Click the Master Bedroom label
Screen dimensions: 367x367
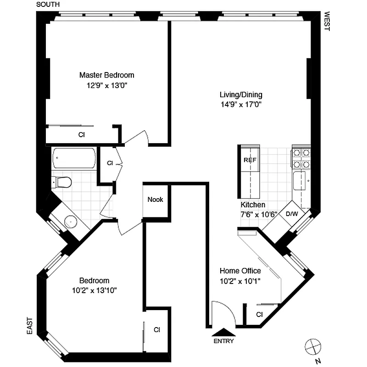(x=107, y=75)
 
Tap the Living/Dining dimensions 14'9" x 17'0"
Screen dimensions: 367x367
(x=241, y=104)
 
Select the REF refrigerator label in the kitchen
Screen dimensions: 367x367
(x=250, y=160)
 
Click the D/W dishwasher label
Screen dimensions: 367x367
(x=292, y=214)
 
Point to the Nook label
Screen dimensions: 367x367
(x=155, y=200)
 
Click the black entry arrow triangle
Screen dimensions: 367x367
(x=223, y=332)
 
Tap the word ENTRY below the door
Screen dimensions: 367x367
(x=223, y=341)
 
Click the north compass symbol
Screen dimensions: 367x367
(x=313, y=345)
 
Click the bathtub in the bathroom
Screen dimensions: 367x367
(x=74, y=159)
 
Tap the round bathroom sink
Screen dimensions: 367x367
(x=71, y=222)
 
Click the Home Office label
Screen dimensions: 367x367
(x=240, y=271)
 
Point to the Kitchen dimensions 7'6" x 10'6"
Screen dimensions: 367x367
(x=259, y=214)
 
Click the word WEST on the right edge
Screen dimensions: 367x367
(x=327, y=21)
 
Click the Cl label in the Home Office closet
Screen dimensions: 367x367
(x=259, y=315)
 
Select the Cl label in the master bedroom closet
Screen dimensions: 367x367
(x=81, y=135)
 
